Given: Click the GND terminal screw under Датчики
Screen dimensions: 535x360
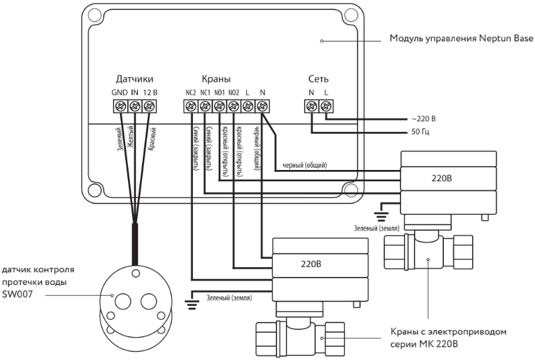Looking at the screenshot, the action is click(120, 106).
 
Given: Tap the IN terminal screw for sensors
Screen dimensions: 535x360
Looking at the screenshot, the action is click(135, 106).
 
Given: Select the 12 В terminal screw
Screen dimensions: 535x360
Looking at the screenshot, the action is click(149, 106).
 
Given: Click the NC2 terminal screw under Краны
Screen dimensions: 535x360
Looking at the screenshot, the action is click(191, 106).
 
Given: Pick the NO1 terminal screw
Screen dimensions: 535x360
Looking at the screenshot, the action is click(219, 106).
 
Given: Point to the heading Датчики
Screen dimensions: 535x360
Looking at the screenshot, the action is click(135, 79).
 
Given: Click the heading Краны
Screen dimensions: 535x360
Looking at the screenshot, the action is click(216, 79).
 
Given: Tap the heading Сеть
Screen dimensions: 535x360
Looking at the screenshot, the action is click(318, 79).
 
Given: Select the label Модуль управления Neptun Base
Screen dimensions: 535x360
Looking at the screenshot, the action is click(461, 38).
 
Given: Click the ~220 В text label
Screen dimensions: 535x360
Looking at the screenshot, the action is click(423, 119).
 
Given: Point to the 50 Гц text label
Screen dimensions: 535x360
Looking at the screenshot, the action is click(420, 132).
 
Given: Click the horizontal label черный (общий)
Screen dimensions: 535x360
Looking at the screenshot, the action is click(305, 165).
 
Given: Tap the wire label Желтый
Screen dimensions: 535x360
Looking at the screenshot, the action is click(130, 137).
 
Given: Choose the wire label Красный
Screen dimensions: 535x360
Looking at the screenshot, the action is click(151, 139).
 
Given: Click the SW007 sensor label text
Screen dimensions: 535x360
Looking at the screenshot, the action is click(17, 294).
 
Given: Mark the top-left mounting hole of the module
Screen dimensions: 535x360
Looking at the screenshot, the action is click(94, 15).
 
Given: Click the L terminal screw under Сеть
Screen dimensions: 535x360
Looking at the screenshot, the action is click(326, 106).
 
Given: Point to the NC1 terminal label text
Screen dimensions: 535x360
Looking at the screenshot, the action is click(206, 92).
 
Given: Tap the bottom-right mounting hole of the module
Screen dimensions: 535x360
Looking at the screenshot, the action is click(350, 190).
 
